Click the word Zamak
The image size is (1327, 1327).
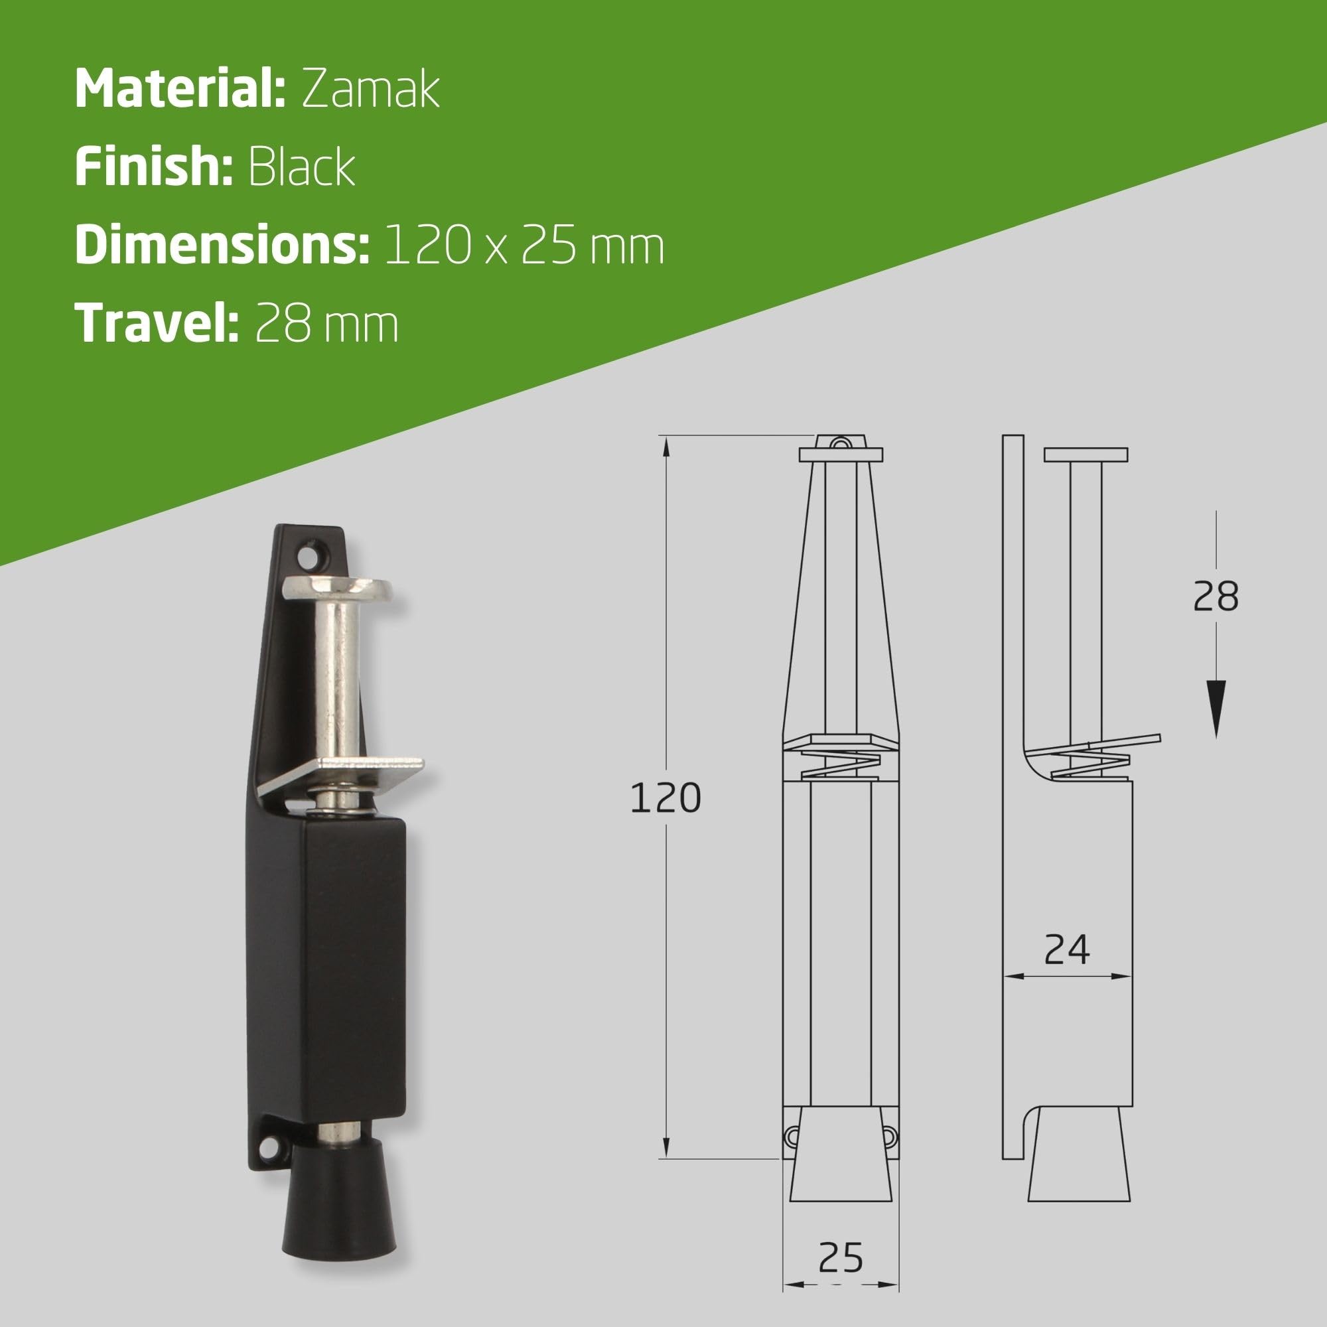(370, 89)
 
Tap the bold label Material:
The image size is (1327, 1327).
(180, 89)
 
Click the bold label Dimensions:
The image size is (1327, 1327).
(222, 245)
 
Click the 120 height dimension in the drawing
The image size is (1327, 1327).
(665, 798)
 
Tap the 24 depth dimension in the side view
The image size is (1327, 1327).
(1067, 951)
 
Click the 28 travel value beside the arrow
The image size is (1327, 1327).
(1216, 596)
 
